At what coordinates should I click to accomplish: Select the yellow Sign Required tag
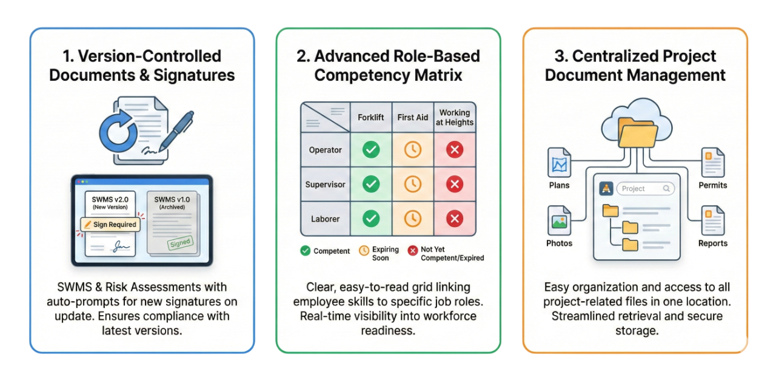(x=110, y=224)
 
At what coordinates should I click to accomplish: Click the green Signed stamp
(x=179, y=243)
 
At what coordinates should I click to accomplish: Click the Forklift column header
(x=370, y=117)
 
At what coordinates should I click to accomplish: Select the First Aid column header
(x=413, y=117)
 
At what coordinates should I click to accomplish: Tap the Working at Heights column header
(x=455, y=117)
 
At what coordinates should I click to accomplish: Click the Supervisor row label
(x=326, y=184)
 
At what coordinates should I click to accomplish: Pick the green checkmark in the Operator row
(x=370, y=149)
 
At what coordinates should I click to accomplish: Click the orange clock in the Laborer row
(x=413, y=219)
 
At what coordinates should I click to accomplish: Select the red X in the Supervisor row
(x=455, y=184)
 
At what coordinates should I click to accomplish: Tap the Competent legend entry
(x=325, y=251)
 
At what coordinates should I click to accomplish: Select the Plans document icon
(x=559, y=163)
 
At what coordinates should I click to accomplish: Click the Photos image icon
(x=559, y=221)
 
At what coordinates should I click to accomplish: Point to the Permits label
(x=712, y=185)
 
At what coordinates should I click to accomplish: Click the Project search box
(x=645, y=189)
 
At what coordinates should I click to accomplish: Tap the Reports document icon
(x=712, y=221)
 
